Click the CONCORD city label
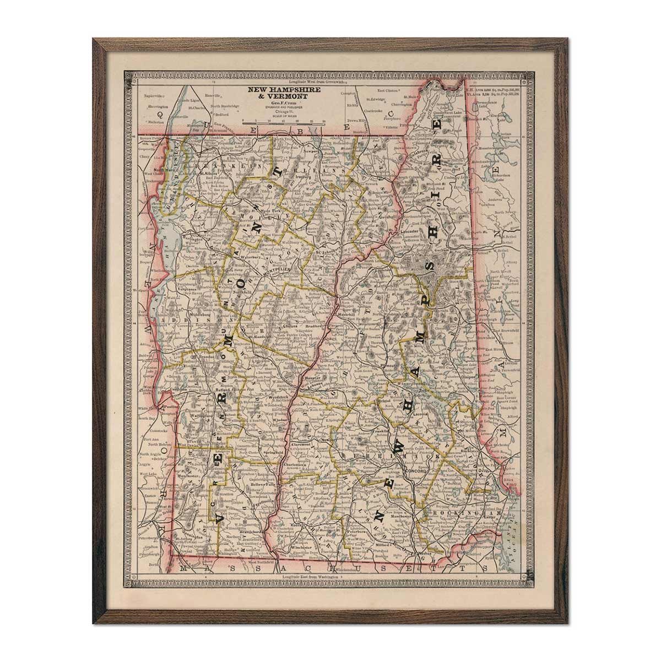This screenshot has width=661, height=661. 413,472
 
